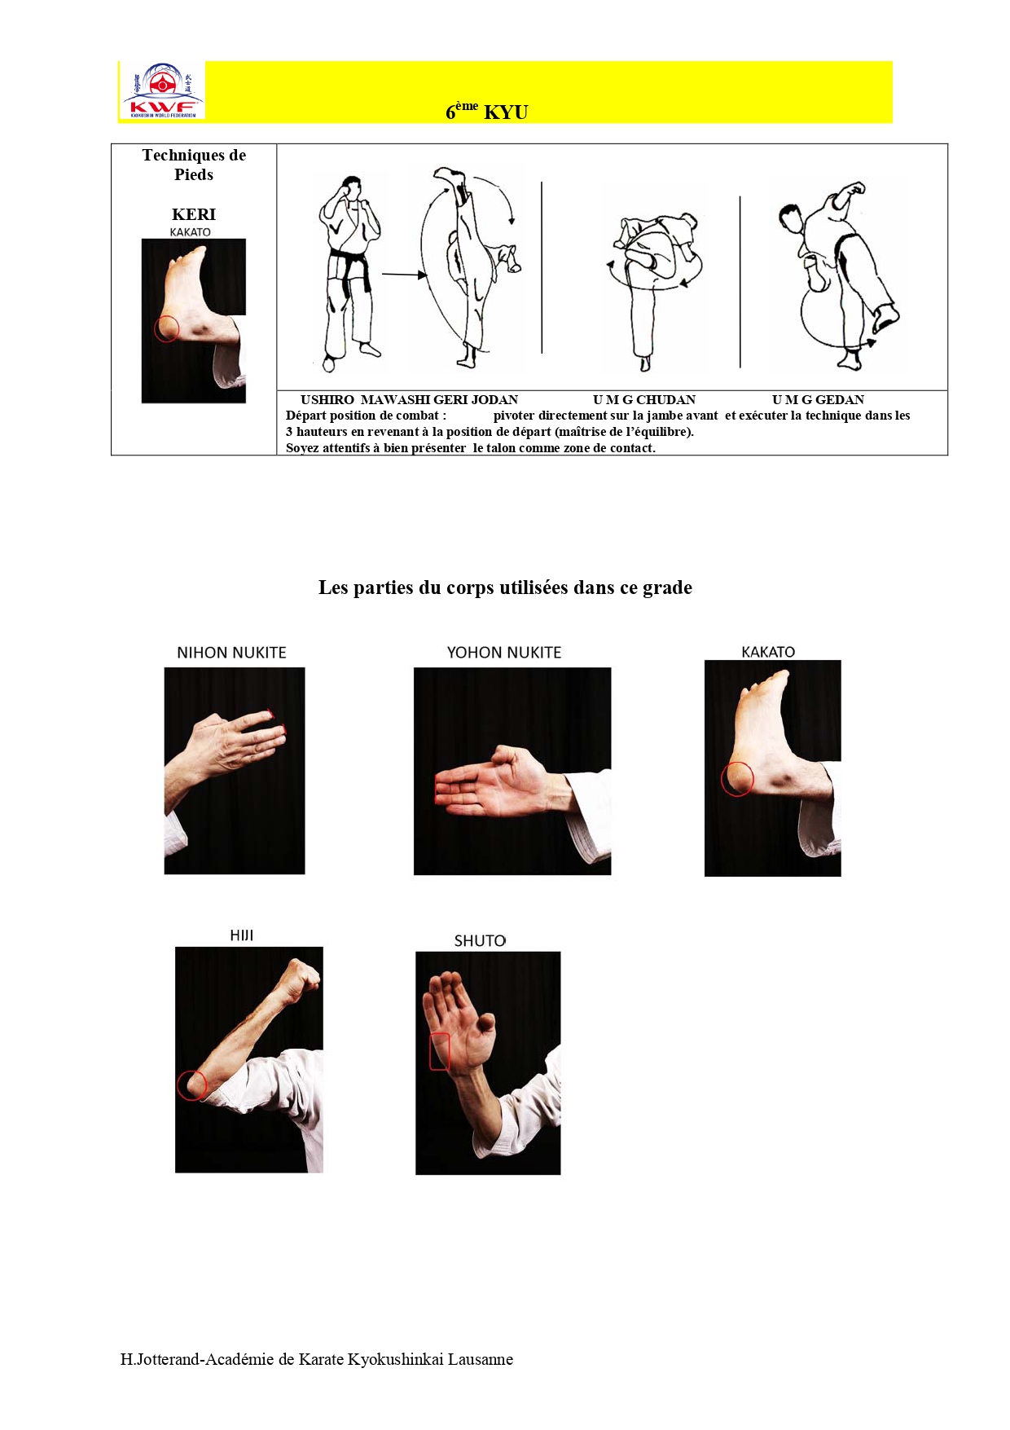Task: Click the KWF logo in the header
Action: click(163, 90)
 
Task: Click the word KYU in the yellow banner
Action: click(506, 112)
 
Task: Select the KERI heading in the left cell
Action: click(194, 214)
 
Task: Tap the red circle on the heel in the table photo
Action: click(167, 328)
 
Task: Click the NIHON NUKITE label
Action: click(231, 653)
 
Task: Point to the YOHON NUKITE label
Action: click(504, 653)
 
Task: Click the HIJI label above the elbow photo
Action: click(242, 935)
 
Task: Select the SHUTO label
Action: click(480, 941)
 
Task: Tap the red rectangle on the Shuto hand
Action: click(440, 1051)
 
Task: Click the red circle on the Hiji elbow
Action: click(192, 1085)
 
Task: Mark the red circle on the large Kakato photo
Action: click(737, 779)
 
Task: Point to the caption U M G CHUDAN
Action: click(644, 400)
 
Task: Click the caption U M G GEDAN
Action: click(818, 400)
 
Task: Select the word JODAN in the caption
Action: click(495, 400)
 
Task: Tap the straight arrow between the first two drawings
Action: click(405, 275)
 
